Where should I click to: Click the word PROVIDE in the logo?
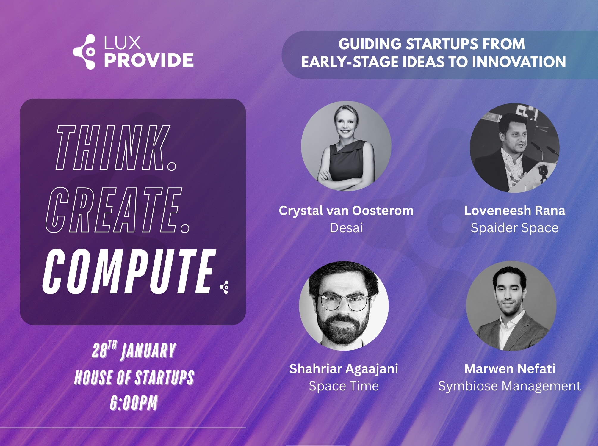point(149,60)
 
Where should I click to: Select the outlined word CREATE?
point(117,210)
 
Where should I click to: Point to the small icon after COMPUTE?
point(225,287)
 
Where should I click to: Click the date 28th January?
point(134,351)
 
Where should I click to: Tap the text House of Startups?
point(134,378)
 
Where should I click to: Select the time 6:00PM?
point(134,403)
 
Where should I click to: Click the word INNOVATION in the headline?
point(519,62)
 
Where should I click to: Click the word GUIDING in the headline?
point(370,44)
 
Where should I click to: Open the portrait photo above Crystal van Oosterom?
point(346,146)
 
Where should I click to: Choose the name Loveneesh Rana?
point(515,211)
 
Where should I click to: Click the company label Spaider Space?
point(514,228)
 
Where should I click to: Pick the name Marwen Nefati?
point(510,369)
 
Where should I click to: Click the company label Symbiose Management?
point(509,386)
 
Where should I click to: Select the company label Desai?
point(346,228)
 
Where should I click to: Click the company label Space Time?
point(344,386)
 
